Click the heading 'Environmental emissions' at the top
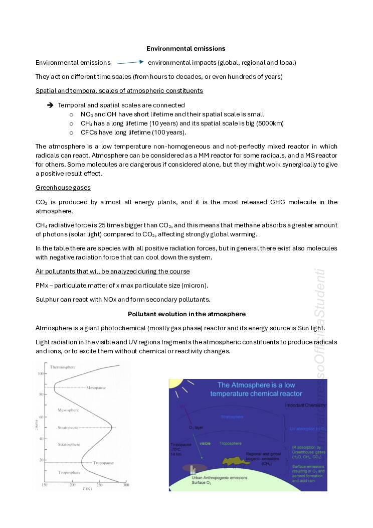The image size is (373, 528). [185, 49]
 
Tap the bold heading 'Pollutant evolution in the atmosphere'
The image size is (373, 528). [186, 314]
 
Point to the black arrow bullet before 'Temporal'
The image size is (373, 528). [50, 105]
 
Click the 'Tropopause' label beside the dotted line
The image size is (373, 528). [104, 463]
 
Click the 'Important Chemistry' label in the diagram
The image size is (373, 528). [305, 405]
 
